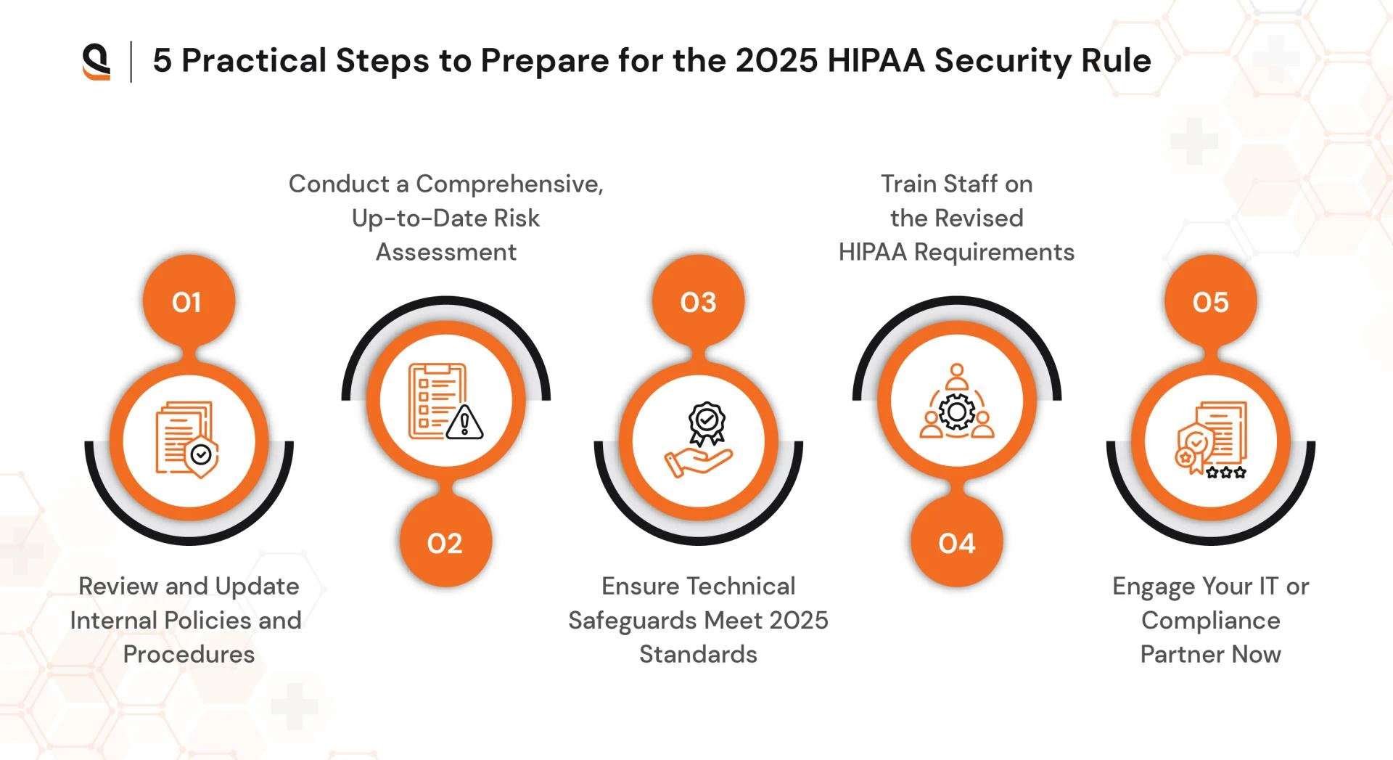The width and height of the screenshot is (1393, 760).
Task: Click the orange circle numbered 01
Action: pos(189,301)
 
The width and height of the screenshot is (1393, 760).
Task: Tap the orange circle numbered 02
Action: pos(445,542)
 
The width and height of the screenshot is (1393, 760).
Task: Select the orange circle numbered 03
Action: pos(698,301)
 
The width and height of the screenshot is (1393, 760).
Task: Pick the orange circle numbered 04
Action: pos(956,542)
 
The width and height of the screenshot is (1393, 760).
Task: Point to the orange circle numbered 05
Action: pos(1210,301)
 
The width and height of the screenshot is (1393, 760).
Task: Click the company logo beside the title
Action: pos(96,61)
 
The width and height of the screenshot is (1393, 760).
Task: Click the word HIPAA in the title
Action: pos(876,61)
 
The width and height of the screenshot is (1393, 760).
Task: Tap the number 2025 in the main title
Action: pos(776,61)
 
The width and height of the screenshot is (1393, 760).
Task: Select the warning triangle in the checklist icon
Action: pos(464,422)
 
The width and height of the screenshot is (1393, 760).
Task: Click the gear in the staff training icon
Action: pos(957,412)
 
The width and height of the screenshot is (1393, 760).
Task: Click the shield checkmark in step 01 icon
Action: pos(201,455)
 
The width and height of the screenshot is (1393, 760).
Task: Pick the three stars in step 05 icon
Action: pos(1226,473)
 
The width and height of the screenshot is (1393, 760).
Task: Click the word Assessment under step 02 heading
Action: pos(445,252)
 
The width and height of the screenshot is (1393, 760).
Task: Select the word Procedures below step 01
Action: pos(189,654)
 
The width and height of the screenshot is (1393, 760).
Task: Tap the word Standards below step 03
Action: pos(698,654)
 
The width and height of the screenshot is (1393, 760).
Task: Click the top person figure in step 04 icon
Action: pos(957,375)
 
